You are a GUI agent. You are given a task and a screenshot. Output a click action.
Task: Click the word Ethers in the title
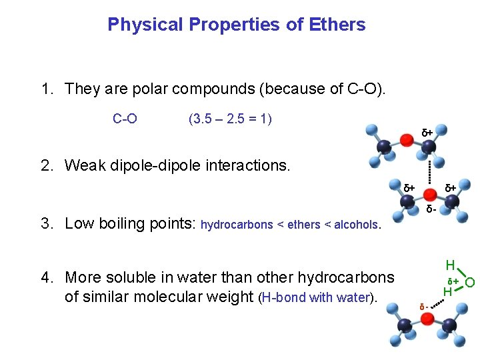(337, 25)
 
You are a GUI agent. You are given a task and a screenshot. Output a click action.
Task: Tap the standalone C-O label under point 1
(125, 119)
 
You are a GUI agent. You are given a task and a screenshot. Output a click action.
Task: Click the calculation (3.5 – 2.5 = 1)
(230, 119)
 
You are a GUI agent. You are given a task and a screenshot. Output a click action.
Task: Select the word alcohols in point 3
(355, 225)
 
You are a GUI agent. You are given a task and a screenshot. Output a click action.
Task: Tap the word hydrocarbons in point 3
(237, 225)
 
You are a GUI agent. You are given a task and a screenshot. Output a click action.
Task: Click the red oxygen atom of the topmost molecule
(407, 139)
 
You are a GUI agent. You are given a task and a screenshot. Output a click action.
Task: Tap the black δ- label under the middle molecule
(431, 210)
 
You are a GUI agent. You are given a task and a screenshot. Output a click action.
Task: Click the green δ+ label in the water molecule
(452, 281)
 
